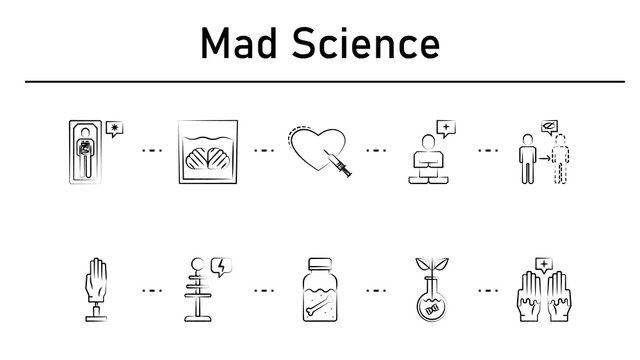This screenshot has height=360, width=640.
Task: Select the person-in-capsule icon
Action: point(86,151)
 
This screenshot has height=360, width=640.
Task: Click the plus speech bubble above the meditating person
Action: point(445,127)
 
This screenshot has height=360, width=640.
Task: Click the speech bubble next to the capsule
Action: point(118,130)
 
